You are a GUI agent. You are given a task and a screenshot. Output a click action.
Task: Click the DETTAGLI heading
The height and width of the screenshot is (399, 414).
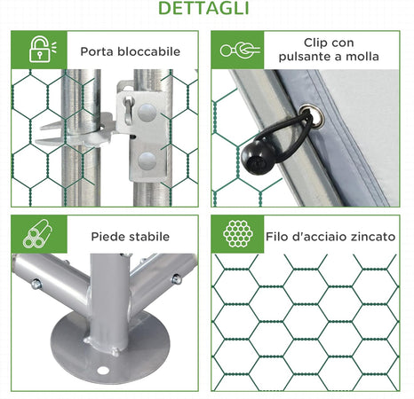click(x=203, y=8)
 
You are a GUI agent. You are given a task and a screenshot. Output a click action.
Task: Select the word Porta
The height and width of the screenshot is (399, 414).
click(x=97, y=51)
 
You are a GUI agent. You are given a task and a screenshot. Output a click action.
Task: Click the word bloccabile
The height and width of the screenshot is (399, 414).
click(x=148, y=51)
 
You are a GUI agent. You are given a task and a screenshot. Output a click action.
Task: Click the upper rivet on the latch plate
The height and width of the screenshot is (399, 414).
click(x=147, y=113)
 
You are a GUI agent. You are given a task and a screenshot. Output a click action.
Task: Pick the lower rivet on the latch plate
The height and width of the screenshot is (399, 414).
click(x=147, y=161)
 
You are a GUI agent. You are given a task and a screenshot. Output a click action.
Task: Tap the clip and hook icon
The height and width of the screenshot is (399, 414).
click(x=240, y=50)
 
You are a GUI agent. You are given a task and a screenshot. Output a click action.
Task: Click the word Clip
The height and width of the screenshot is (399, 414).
click(x=315, y=43)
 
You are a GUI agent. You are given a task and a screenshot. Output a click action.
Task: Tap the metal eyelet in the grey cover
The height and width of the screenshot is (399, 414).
click(x=313, y=116)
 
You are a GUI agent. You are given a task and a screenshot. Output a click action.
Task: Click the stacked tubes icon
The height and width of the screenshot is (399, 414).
click(x=37, y=233)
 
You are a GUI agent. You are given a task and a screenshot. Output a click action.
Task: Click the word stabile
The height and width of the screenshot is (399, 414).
click(x=149, y=237)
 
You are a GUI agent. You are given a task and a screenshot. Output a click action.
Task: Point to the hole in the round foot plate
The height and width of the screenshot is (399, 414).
click(x=102, y=370)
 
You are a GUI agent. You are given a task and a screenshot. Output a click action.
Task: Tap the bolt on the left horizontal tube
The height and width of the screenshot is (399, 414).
click(x=36, y=284)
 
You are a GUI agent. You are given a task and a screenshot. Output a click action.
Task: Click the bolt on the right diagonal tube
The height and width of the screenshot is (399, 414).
click(x=177, y=279)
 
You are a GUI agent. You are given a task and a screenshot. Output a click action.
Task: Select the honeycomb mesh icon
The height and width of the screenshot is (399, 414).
click(x=238, y=233)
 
